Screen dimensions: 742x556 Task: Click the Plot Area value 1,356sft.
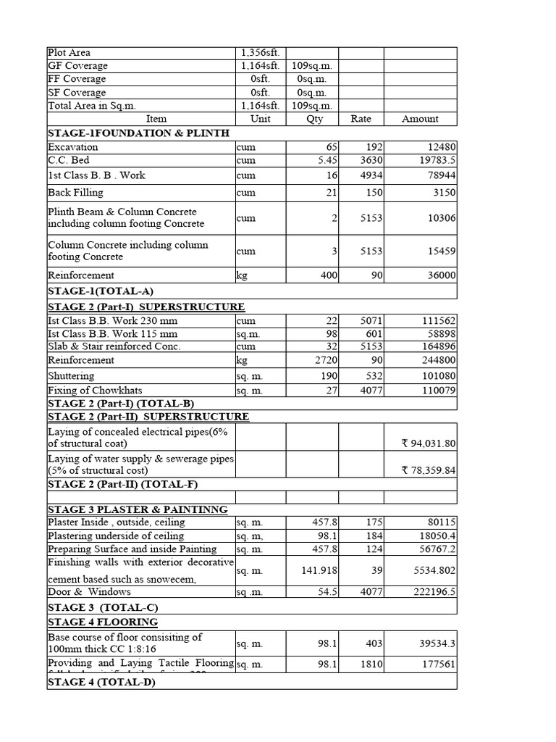click(264, 53)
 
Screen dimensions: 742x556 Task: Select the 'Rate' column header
click(361, 119)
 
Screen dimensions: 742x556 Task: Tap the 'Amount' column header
click(420, 119)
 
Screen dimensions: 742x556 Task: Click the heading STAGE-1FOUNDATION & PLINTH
click(138, 133)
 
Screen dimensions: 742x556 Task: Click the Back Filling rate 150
click(373, 193)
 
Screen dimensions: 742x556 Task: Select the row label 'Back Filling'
click(75, 193)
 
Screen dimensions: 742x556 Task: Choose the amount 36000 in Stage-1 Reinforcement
click(439, 275)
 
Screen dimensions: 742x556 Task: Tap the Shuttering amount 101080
click(436, 376)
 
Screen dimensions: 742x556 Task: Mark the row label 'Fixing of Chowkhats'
click(94, 391)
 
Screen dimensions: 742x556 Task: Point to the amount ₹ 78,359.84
click(429, 470)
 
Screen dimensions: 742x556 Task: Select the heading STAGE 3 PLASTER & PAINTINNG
click(138, 509)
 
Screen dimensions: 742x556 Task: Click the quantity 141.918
click(319, 571)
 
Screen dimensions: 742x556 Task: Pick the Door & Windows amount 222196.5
click(433, 592)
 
